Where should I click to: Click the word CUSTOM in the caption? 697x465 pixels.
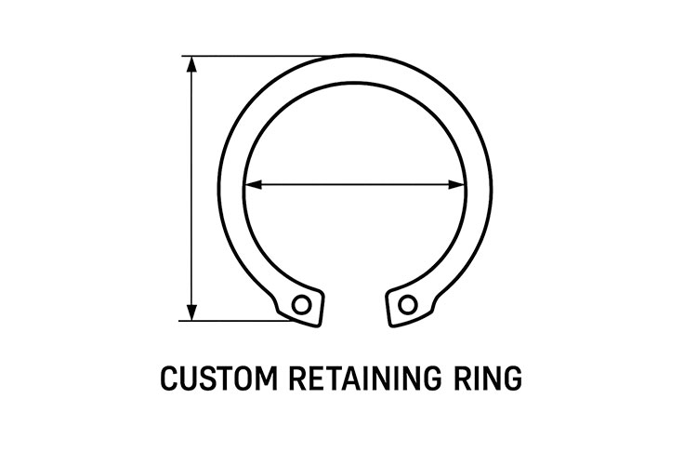coord(218,379)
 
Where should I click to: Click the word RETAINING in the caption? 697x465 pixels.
coord(365,379)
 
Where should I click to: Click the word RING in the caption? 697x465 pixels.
coord(488,379)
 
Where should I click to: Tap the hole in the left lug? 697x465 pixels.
coord(301,305)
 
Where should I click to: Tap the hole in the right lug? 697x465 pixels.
coord(408,305)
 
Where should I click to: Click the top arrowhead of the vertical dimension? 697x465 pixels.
coord(191,64)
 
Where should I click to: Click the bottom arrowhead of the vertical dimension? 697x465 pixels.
coord(191,312)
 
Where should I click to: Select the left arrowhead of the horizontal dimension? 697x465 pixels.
coord(254,184)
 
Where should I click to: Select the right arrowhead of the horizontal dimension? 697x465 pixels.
coord(457,184)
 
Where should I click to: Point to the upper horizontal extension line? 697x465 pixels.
coord(254,56)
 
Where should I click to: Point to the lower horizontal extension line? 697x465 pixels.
coord(236,320)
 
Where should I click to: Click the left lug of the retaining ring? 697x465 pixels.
coord(300,306)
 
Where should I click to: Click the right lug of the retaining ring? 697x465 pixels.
coord(409,306)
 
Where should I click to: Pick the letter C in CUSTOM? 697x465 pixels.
coord(169,379)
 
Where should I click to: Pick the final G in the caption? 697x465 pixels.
coord(512,379)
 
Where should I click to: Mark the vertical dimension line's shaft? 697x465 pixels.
coord(191,188)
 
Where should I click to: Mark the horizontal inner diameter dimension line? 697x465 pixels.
coord(355,184)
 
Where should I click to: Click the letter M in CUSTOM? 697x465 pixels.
coord(267,379)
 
